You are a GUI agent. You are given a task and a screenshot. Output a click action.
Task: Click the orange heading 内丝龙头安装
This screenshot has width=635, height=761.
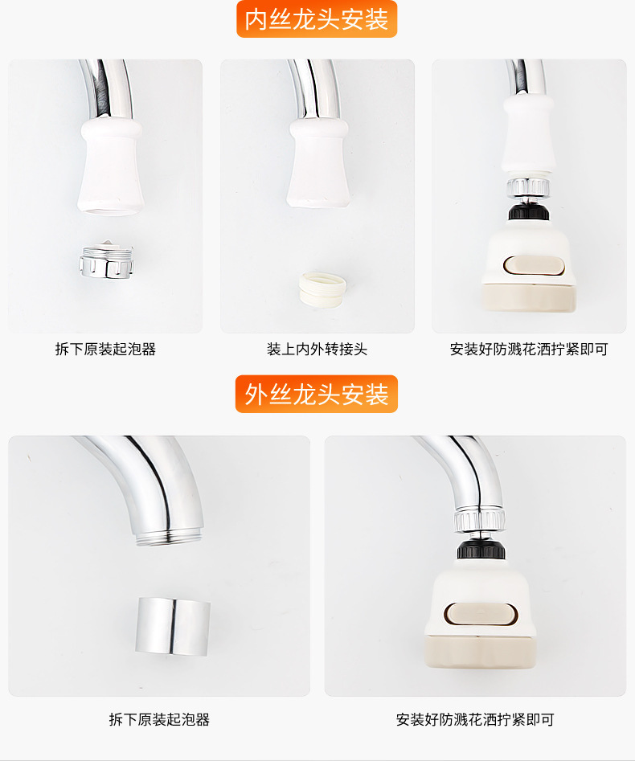317,19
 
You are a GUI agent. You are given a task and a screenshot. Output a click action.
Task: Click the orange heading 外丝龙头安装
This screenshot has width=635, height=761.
317,394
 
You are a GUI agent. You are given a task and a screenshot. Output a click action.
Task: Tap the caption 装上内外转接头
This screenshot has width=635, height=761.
317,349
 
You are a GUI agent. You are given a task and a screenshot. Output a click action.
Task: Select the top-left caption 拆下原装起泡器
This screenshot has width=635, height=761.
105,349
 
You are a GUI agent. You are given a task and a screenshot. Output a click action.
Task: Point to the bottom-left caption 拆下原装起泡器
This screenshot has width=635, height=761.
159,719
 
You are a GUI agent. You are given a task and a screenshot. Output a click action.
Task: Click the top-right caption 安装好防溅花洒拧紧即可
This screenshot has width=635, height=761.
529,349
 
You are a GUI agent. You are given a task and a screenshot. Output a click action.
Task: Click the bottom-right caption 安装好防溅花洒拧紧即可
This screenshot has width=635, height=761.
475,719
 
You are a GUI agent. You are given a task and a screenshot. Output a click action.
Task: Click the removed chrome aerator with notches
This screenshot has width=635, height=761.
106,260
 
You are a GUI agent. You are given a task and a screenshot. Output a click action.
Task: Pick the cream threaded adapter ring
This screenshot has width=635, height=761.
322,290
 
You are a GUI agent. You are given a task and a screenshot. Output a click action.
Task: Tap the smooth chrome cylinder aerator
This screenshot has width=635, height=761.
172,626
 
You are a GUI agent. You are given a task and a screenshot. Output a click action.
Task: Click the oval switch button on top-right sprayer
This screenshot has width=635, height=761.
534,266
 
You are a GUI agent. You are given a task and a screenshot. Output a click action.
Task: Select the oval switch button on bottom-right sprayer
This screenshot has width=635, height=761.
481,615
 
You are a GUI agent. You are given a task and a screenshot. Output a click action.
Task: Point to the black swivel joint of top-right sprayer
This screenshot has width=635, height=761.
528,212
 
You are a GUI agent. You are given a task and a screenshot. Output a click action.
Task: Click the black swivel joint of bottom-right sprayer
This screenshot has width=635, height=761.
481,550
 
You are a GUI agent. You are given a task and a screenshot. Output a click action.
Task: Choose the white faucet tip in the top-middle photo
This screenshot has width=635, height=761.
318,163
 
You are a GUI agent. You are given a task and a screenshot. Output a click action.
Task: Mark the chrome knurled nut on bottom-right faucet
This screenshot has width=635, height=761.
480,519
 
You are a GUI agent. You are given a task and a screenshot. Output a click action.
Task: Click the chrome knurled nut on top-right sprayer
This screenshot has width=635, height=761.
528,187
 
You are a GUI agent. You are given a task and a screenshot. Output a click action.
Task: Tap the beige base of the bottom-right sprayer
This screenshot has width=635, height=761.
481,651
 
